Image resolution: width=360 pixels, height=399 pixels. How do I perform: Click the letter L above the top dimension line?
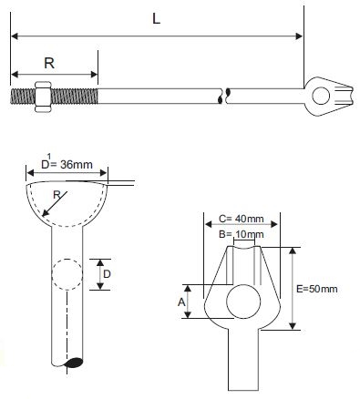tap(156, 19)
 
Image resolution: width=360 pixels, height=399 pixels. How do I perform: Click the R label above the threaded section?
tap(49, 63)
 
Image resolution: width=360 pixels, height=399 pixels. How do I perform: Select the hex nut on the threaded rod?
tap(42, 97)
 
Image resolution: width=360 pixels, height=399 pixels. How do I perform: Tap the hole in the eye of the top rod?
tap(321, 96)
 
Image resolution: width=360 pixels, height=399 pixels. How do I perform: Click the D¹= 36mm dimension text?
tap(67, 163)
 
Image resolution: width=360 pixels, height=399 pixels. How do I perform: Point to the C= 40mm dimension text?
tap(241, 219)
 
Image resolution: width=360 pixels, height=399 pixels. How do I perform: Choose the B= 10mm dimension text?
tap(241, 234)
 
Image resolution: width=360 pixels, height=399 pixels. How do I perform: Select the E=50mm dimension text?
tap(317, 289)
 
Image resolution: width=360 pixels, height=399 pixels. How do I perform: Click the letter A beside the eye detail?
tap(181, 302)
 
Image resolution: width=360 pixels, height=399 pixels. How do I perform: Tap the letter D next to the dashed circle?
tap(107, 274)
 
